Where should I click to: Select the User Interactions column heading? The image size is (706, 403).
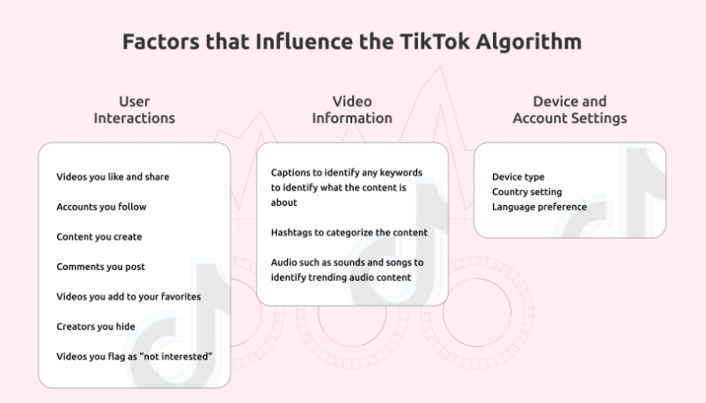click(135, 109)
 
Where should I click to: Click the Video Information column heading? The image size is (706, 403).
click(352, 109)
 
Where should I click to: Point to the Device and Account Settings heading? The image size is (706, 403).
click(570, 109)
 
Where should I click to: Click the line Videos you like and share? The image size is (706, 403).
click(112, 177)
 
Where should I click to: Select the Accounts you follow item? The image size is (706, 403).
click(101, 207)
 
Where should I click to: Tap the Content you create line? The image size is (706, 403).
click(99, 237)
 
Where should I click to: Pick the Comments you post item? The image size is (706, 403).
click(101, 267)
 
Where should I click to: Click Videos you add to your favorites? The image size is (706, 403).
click(128, 297)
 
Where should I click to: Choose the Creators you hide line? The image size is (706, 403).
click(95, 327)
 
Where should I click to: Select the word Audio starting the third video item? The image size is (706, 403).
click(284, 262)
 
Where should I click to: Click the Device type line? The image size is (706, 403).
click(518, 177)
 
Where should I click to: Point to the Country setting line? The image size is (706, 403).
click(527, 192)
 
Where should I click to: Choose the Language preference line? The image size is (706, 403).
click(539, 207)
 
